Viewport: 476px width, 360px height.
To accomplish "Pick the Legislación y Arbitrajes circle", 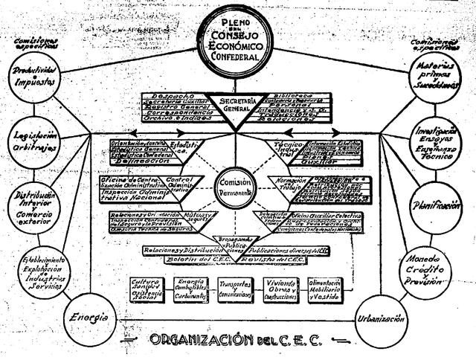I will (36, 139).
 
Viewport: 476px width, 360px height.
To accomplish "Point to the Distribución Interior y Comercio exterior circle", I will (35, 205).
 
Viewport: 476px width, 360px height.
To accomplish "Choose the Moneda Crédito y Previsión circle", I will (426, 269).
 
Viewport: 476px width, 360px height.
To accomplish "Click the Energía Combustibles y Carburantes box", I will (192, 289).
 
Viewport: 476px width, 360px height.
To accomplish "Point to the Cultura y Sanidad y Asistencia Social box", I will (147, 289).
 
